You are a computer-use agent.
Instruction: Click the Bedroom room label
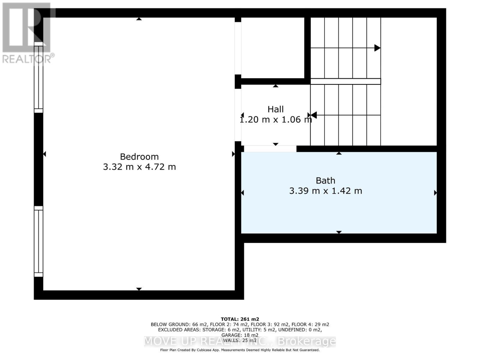click(139, 157)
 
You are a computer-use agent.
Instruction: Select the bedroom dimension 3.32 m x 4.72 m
click(139, 167)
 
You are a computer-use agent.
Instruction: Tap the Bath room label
click(325, 181)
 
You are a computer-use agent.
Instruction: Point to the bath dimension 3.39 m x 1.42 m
click(325, 191)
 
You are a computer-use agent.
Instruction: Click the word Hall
click(275, 109)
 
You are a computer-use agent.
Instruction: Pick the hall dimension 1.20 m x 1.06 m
click(275, 120)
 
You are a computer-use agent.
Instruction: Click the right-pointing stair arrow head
click(377, 48)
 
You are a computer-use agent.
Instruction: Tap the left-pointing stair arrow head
click(313, 115)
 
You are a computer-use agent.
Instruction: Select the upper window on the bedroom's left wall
click(38, 77)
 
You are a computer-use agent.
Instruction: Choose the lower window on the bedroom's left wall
click(38, 241)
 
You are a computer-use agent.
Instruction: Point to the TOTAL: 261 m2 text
click(240, 319)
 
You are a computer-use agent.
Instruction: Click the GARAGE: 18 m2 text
click(240, 335)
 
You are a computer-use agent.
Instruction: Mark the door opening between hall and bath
click(270, 149)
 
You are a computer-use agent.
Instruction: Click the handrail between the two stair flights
click(345, 81)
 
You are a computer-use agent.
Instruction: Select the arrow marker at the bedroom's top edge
click(139, 19)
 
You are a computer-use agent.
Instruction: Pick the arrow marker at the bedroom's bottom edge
click(139, 289)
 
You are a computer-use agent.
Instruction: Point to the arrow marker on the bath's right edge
click(435, 193)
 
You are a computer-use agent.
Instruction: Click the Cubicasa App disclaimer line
click(240, 350)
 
